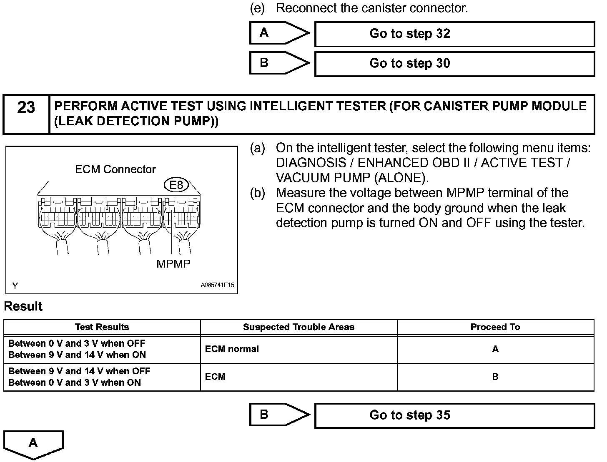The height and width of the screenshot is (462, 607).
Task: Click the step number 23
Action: tap(26, 108)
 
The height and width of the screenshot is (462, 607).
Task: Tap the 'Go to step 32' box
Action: tap(454, 34)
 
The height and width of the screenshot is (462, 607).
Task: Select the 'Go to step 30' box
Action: tap(454, 64)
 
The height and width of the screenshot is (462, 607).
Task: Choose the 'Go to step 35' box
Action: tap(454, 415)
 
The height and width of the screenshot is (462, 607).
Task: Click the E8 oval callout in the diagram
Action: tap(176, 185)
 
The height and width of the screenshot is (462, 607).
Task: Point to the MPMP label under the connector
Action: tap(173, 264)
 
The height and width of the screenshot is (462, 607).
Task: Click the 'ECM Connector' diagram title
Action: tap(115, 169)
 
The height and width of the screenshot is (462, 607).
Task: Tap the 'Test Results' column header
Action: tap(102, 327)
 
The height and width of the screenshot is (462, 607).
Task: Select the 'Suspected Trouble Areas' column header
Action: tap(298, 327)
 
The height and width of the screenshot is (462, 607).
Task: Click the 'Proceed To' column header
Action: tap(495, 327)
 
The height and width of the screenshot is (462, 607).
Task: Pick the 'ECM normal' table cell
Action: tap(232, 349)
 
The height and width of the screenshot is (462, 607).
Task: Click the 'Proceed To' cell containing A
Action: tap(495, 349)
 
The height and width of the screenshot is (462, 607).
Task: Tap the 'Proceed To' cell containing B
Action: tap(495, 377)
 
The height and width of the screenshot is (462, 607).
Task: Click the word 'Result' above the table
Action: tap(23, 306)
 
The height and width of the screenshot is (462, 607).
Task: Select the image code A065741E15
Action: tap(217, 286)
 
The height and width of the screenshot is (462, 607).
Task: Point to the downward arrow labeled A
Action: tap(33, 444)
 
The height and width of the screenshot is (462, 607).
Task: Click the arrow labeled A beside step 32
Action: tap(279, 33)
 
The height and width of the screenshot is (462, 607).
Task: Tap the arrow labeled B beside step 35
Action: tap(279, 415)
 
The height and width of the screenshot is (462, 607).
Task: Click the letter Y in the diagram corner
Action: tap(15, 286)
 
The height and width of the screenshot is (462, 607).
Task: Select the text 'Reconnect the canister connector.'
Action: tap(372, 8)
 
